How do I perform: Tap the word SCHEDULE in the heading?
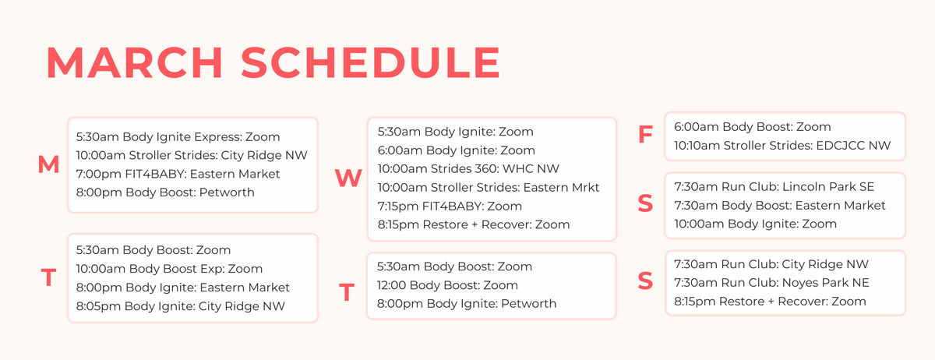(370, 62)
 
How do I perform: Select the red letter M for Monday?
(48, 165)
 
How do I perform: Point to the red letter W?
(348, 179)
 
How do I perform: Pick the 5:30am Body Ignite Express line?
(178, 136)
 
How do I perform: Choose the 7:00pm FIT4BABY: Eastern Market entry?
(178, 174)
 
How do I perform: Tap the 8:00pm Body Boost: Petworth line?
(165, 192)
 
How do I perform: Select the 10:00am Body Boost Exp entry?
(169, 269)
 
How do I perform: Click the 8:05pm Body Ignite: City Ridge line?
(181, 306)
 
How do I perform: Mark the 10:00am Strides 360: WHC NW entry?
(468, 168)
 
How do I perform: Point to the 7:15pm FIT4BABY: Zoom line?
(450, 206)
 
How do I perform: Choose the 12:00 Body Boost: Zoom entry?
(447, 285)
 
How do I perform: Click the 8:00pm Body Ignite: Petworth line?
(466, 304)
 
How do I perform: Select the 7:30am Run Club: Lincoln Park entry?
(774, 187)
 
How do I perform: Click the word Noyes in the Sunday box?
(798, 283)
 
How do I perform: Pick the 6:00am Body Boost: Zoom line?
(752, 126)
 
